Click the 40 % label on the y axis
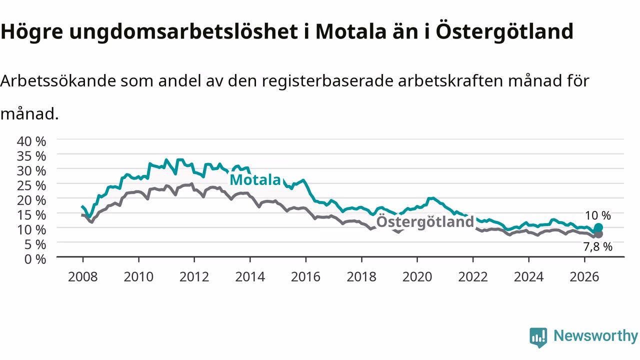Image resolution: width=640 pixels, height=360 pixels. [31, 141]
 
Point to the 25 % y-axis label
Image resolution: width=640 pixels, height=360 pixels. [31, 185]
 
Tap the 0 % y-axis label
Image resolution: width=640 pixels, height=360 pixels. [35, 259]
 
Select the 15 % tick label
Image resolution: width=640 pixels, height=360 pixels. [31, 215]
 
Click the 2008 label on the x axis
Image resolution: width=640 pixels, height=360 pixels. [83, 277]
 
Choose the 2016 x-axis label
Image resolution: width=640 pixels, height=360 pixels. [305, 277]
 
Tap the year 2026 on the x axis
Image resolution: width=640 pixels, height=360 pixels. [584, 277]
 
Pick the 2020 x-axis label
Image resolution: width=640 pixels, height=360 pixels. [417, 277]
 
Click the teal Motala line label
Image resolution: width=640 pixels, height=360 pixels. [255, 179]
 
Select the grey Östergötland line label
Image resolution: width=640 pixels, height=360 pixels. [425, 221]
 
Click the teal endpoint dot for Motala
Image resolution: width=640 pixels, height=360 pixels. [598, 227]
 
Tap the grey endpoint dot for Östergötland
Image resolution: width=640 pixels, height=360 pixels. [598, 234]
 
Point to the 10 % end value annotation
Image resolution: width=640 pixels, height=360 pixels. [597, 215]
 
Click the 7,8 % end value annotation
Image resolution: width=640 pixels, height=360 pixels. [597, 246]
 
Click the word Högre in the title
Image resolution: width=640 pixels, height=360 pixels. [31, 32]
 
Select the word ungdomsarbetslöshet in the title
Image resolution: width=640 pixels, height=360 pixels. [183, 32]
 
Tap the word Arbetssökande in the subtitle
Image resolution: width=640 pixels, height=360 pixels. [58, 81]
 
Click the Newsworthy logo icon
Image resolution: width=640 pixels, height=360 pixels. [538, 337]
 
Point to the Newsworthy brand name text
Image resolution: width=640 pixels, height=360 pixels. [595, 336]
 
